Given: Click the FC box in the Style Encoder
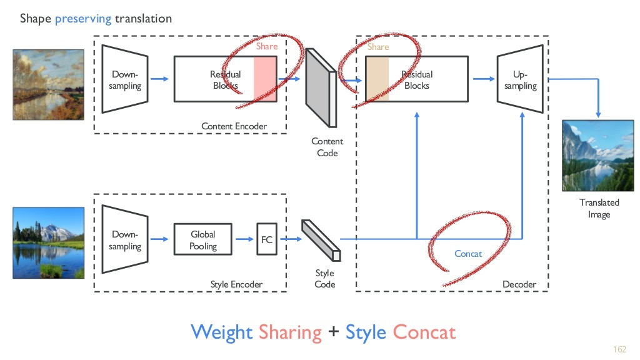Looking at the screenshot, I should [x=267, y=239].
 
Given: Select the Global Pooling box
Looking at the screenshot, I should [x=202, y=239].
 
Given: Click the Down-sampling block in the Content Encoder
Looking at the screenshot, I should [x=125, y=79].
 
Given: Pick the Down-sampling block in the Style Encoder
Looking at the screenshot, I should [x=125, y=239].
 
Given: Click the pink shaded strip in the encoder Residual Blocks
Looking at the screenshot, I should [x=264, y=79].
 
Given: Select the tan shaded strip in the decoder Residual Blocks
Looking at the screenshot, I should [x=377, y=79].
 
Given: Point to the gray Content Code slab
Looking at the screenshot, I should [x=320, y=87].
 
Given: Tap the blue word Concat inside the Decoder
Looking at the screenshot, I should [x=468, y=254].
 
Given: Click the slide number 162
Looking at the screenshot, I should [x=620, y=348].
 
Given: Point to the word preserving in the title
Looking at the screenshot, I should [x=83, y=18].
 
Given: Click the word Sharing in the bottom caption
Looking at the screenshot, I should [x=290, y=331].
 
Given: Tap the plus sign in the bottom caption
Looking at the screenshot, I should [x=334, y=332].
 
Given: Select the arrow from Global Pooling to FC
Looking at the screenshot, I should [x=244, y=239].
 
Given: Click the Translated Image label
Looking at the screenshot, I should [x=599, y=208].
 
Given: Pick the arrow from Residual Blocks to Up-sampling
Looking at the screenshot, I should [x=482, y=79].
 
